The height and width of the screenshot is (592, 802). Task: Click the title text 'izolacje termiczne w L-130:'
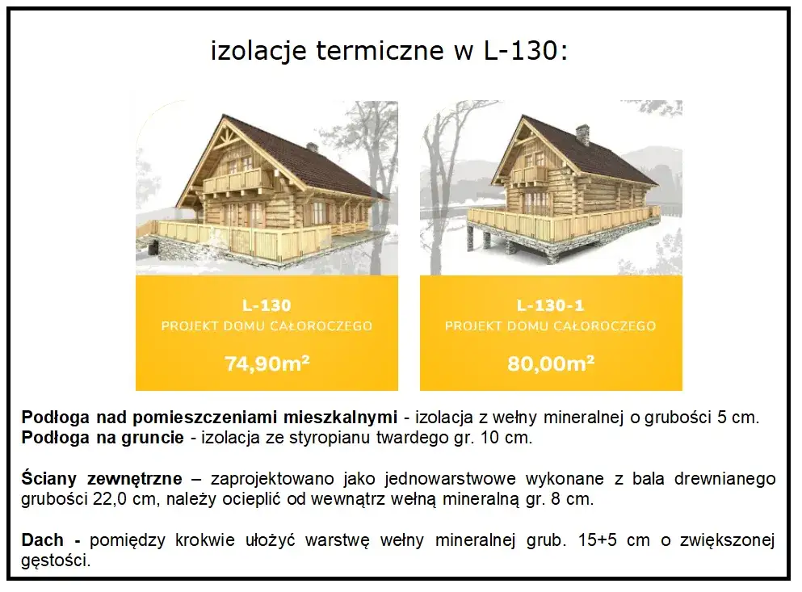[389, 52]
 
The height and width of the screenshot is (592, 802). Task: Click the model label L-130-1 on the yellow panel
[550, 305]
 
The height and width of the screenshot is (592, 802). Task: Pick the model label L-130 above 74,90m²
[267, 305]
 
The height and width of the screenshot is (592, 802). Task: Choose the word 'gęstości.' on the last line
[56, 560]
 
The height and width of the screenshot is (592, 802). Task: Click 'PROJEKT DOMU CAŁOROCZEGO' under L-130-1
[550, 326]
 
